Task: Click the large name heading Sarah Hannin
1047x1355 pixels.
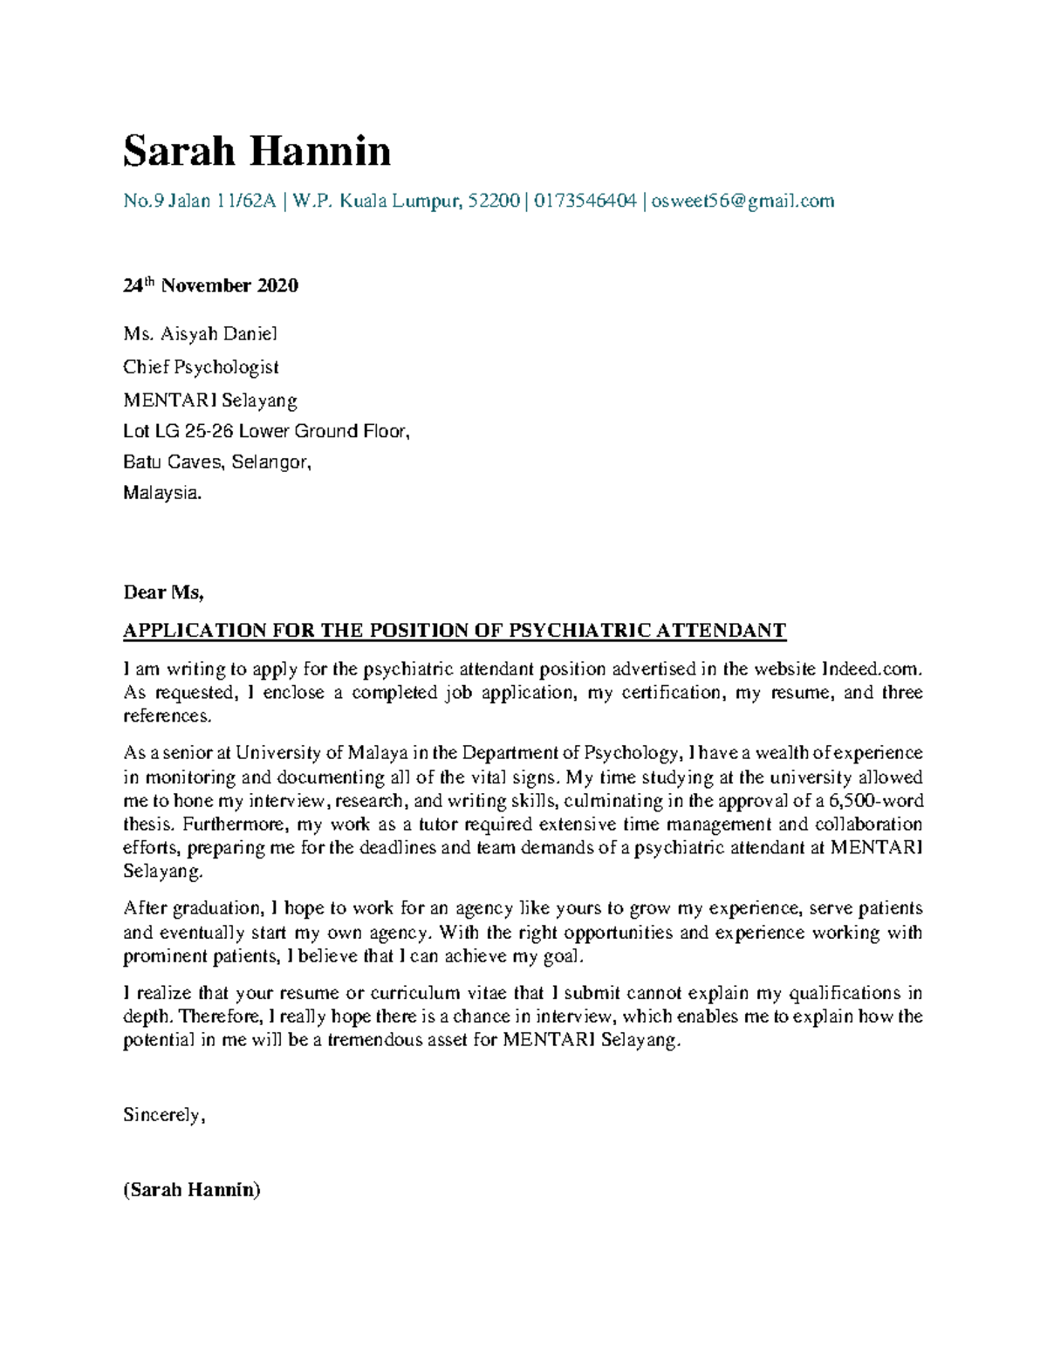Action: [x=257, y=151]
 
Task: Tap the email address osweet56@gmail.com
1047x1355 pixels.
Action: [x=742, y=202]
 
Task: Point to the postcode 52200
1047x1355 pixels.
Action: [x=494, y=202]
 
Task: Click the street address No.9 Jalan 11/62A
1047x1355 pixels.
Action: [x=200, y=202]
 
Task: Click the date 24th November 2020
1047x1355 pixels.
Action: [x=210, y=285]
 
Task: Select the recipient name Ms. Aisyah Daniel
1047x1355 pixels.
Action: [x=200, y=333]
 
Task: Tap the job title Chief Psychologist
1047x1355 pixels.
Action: [x=201, y=366]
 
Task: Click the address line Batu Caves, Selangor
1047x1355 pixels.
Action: [x=216, y=462]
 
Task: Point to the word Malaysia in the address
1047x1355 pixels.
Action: [x=161, y=493]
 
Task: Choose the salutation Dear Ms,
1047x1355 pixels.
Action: [x=163, y=592]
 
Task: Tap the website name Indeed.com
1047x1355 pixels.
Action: [x=871, y=669]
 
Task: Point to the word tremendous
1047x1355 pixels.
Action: [x=376, y=1040]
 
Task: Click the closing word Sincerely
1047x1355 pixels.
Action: [x=162, y=1115]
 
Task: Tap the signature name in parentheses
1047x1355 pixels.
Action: [x=192, y=1189]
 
